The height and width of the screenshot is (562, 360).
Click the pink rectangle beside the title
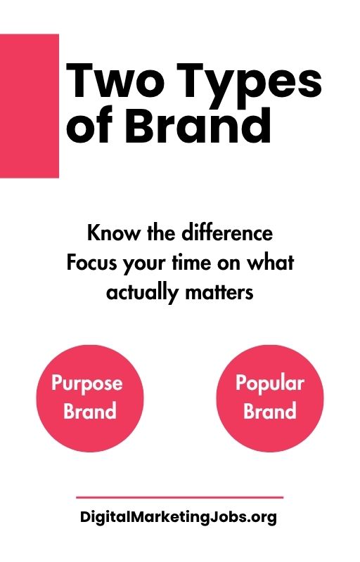click(x=29, y=105)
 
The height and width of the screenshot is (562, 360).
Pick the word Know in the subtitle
click(x=109, y=232)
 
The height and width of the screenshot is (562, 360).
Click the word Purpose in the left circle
click(x=87, y=384)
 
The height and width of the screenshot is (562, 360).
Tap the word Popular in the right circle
click(x=269, y=384)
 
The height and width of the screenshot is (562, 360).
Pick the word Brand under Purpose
click(x=89, y=410)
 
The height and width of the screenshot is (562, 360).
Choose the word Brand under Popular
click(x=269, y=410)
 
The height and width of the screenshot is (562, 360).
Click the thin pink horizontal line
click(x=179, y=497)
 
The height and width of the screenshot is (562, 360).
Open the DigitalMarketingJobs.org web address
click(x=179, y=518)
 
